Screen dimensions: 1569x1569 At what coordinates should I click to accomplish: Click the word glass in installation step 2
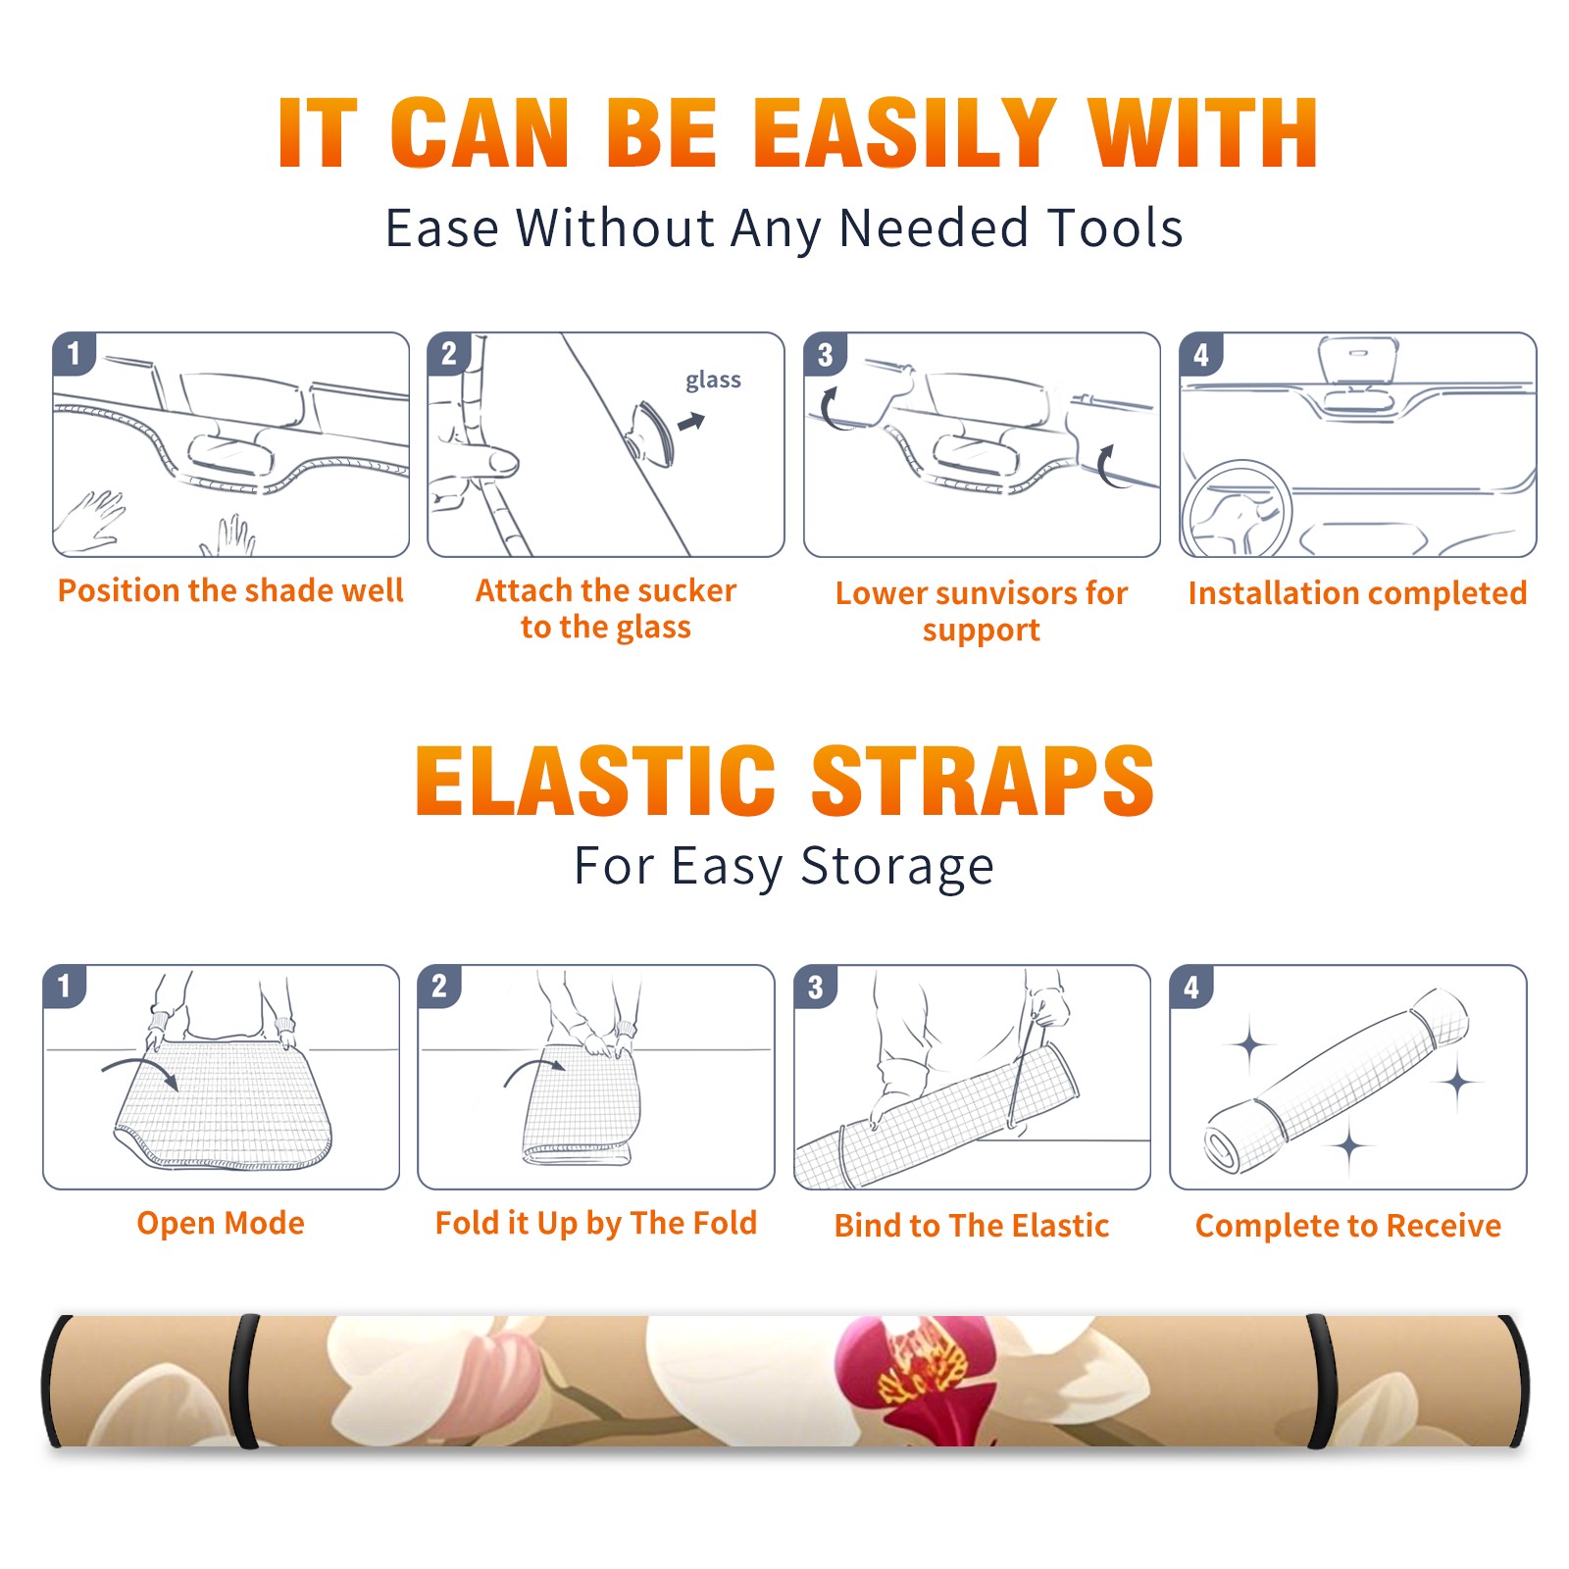tap(713, 380)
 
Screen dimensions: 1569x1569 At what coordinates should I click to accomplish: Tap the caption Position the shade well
tap(230, 590)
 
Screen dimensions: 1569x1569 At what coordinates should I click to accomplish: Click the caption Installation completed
tap(1357, 593)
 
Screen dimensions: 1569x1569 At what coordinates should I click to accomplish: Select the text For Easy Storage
tap(784, 867)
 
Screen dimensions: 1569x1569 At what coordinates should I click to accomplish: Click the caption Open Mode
tap(221, 1223)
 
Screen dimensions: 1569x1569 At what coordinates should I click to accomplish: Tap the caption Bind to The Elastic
tap(972, 1226)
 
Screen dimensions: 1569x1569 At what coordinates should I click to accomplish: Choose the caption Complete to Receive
tap(1348, 1226)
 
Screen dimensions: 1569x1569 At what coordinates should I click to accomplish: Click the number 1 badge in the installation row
tap(74, 353)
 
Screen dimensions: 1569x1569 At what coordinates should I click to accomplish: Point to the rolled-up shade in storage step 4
tap(1336, 1082)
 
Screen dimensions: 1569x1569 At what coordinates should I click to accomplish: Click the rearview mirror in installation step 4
tap(1358, 378)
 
